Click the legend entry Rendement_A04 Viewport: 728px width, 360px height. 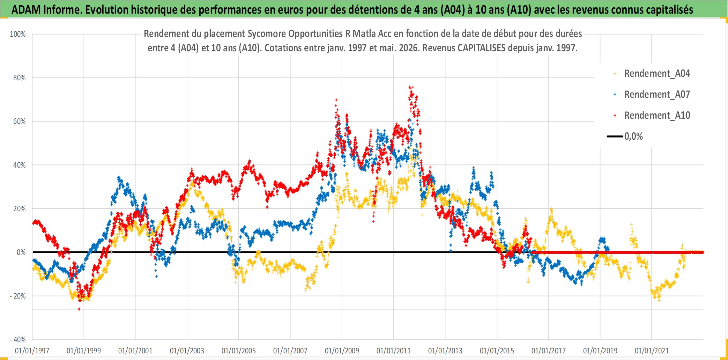[657, 74]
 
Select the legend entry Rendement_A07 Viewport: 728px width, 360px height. [657, 95]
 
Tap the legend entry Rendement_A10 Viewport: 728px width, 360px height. [657, 116]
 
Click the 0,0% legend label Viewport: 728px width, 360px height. [633, 137]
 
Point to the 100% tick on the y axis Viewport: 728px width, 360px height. [18, 34]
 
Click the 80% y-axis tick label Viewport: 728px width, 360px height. [20, 78]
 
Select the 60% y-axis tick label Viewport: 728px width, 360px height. [20, 122]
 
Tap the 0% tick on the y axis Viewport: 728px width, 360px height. [21, 252]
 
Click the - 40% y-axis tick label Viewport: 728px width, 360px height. [18, 340]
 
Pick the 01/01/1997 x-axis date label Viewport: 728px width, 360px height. [32, 351]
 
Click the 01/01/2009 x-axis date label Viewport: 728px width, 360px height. [342, 351]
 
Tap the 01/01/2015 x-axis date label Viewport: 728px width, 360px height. [497, 351]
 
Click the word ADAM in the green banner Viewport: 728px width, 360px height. [26, 10]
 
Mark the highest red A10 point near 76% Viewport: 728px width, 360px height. [411, 87]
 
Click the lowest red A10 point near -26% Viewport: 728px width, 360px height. [79, 309]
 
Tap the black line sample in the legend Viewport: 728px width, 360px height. [615, 137]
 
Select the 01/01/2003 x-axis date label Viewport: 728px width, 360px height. [187, 351]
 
